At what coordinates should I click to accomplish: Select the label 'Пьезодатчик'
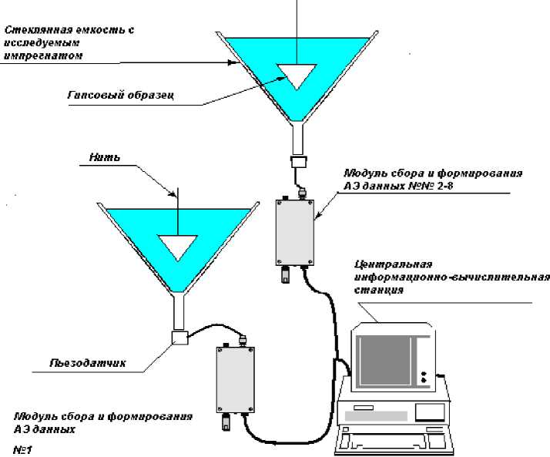coord(89,361)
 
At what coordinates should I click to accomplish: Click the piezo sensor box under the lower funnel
coord(179,337)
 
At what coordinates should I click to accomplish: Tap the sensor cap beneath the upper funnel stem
coord(298,163)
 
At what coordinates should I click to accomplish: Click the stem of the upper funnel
coord(298,139)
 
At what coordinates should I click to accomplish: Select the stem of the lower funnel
coord(179,311)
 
